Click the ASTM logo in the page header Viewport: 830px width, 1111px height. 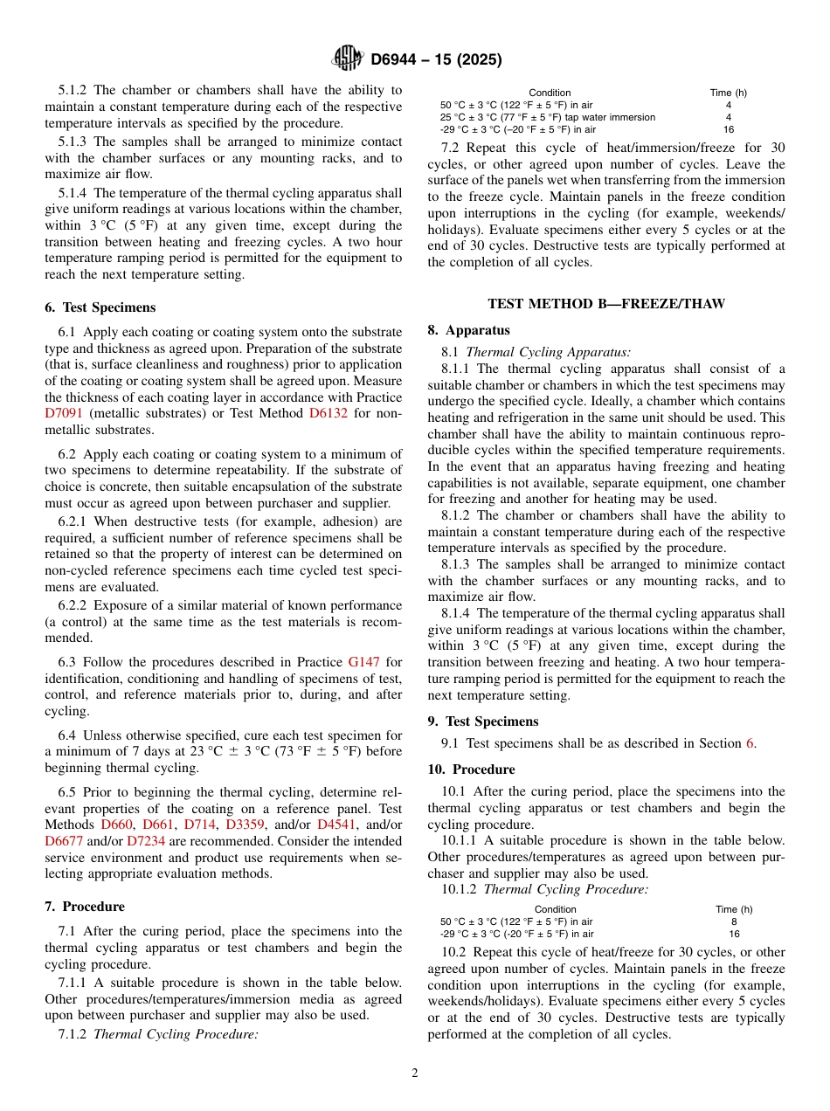click(347, 59)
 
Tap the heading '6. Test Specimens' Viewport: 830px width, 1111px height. click(100, 307)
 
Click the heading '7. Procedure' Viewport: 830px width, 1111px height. click(84, 907)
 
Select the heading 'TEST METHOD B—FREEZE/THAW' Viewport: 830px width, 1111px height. click(606, 304)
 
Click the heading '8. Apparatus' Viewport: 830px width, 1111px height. click(468, 330)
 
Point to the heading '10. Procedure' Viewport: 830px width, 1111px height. click(471, 769)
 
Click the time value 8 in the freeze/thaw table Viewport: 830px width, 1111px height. click(733, 921)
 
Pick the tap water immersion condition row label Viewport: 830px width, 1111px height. click(548, 117)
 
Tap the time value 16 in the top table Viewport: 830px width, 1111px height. click(729, 129)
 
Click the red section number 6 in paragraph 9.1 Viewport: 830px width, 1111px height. click(749, 743)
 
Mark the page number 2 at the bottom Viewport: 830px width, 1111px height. click(415, 1073)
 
